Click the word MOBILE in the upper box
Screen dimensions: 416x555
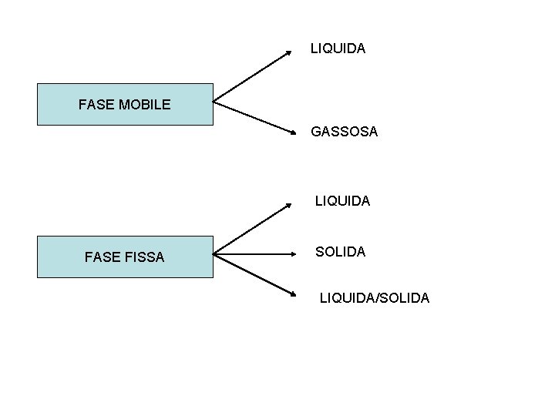point(145,104)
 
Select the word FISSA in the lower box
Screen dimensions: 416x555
point(143,257)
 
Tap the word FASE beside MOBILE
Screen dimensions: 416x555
point(96,104)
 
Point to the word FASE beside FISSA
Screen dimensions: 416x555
point(102,257)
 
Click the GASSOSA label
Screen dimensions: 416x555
point(344,132)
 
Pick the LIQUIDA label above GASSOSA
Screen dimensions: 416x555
point(338,49)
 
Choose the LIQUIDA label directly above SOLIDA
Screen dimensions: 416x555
point(342,201)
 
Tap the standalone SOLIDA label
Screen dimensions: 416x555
point(340,252)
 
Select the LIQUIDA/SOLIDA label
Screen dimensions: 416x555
point(375,297)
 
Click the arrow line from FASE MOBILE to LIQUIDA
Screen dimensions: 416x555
point(252,75)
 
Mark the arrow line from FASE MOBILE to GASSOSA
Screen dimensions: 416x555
point(254,117)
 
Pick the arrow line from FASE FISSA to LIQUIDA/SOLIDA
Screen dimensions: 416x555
point(254,274)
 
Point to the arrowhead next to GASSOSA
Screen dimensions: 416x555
point(294,133)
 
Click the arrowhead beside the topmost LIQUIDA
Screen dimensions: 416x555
point(289,52)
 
